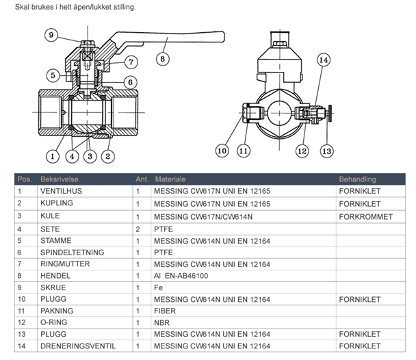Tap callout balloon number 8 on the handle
(163, 59)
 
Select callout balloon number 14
(324, 60)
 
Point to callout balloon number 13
(326, 150)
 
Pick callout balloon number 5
(53, 75)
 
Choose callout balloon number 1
(52, 144)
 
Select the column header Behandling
(357, 179)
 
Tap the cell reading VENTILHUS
(62, 192)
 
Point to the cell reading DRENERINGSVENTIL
(77, 346)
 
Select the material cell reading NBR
(161, 322)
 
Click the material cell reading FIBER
(165, 310)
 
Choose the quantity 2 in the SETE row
(138, 229)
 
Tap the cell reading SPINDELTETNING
(73, 252)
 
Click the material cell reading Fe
(158, 287)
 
